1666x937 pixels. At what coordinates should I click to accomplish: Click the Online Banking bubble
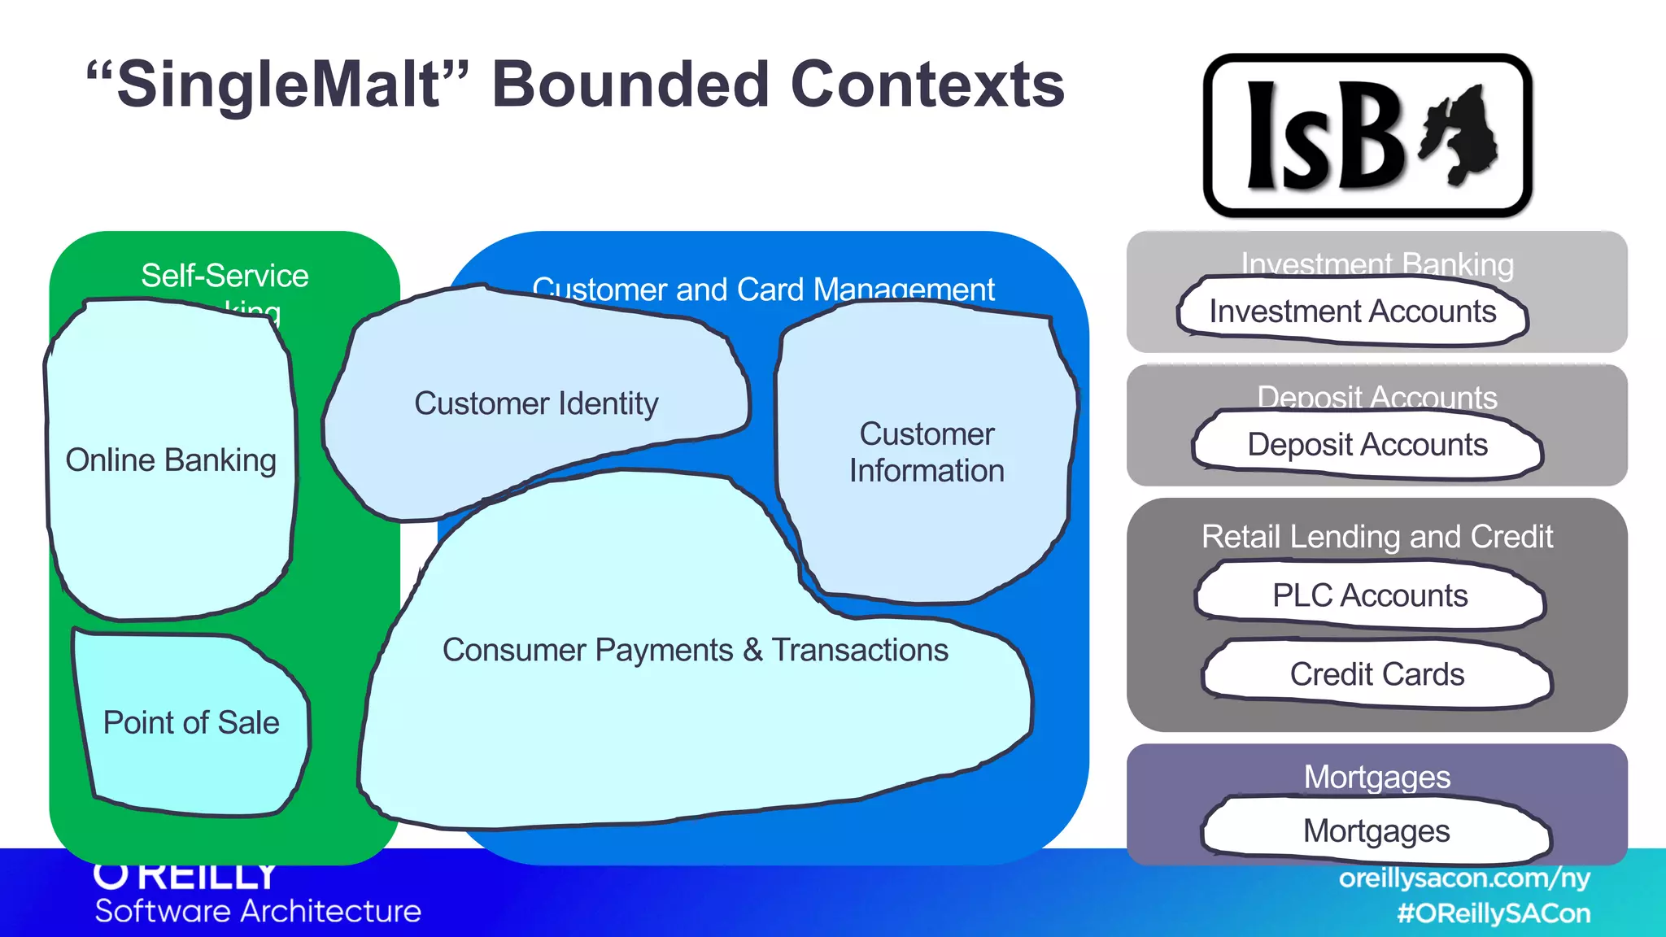pos(171,460)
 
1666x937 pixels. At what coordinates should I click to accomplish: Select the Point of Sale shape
pos(191,723)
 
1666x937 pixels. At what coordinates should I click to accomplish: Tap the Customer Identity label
pos(536,403)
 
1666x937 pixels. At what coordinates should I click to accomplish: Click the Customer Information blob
pos(927,452)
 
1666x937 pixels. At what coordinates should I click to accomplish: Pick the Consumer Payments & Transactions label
pos(695,650)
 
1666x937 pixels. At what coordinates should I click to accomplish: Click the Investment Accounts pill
pos(1352,312)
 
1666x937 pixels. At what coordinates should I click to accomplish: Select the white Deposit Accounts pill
pos(1367,445)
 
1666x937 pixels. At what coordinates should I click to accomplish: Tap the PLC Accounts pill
pos(1370,595)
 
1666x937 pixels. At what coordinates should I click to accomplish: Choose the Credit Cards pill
pos(1376,674)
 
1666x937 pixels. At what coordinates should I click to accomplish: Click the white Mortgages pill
pos(1376,831)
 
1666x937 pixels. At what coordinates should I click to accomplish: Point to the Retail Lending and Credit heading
pos(1376,537)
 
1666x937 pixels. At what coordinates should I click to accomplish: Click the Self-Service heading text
pos(225,276)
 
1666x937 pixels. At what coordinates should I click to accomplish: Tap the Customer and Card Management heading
pos(763,290)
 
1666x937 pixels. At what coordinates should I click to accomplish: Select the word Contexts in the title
pos(927,85)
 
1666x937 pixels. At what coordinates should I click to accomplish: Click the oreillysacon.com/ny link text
pos(1464,878)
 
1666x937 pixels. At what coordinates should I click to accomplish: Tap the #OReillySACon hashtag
pos(1494,913)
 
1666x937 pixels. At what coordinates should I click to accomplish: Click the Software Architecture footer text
pos(258,911)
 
